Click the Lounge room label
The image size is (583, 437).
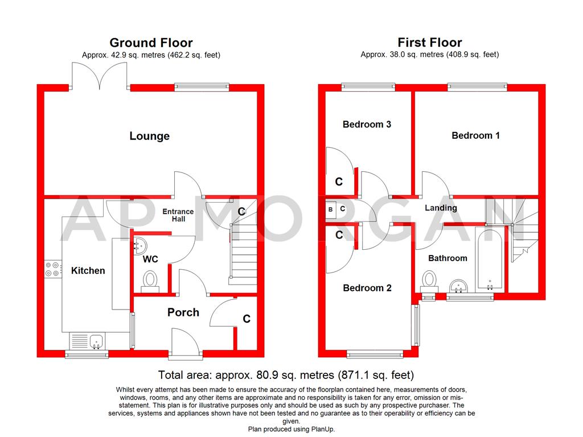click(x=150, y=136)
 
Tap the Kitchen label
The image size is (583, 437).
click(x=88, y=271)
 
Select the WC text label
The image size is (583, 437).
click(x=150, y=259)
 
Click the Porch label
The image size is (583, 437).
click(x=183, y=312)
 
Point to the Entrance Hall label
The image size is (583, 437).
click(x=178, y=216)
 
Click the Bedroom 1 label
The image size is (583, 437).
click(x=475, y=135)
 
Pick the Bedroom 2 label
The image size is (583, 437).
click(x=367, y=288)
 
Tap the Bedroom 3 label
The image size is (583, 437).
click(x=367, y=124)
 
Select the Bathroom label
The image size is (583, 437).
click(x=447, y=258)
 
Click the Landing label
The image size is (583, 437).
click(x=441, y=208)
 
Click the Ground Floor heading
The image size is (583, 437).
click(x=151, y=43)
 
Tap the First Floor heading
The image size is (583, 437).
click(x=430, y=43)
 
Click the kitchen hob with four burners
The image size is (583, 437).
click(x=53, y=270)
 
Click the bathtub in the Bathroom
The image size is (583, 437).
click(x=489, y=258)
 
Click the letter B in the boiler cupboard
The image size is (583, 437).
click(x=331, y=209)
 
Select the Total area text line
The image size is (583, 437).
click(x=286, y=376)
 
